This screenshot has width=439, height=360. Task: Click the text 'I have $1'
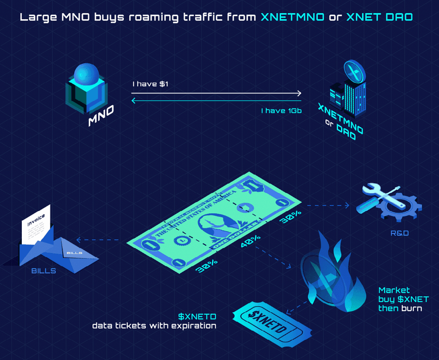[x=150, y=84]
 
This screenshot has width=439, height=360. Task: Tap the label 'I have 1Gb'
[x=281, y=111]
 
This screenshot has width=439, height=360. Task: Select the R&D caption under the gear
[x=400, y=233]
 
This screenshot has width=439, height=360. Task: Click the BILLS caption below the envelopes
[x=44, y=271]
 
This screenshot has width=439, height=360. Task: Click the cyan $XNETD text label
[x=198, y=317]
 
